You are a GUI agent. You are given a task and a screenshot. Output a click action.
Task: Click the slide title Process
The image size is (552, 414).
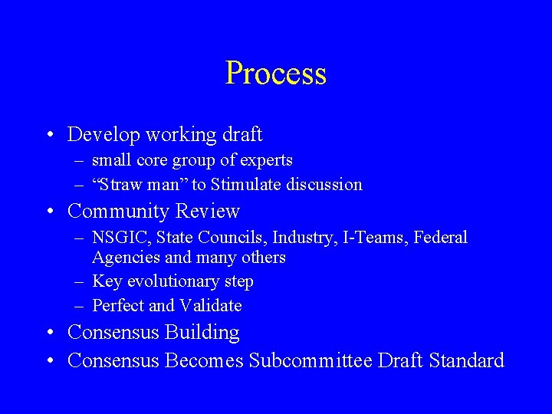pos(276,74)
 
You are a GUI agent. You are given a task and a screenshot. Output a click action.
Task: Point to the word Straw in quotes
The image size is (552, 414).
pos(114,184)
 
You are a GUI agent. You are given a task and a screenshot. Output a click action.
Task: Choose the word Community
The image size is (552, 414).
pos(118,212)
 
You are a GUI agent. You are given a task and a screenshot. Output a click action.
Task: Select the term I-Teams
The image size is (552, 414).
pos(375,238)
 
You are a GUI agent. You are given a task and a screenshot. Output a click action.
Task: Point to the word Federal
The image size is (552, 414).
pos(440,238)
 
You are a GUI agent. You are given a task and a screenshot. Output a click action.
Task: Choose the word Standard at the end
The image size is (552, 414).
pos(467,360)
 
